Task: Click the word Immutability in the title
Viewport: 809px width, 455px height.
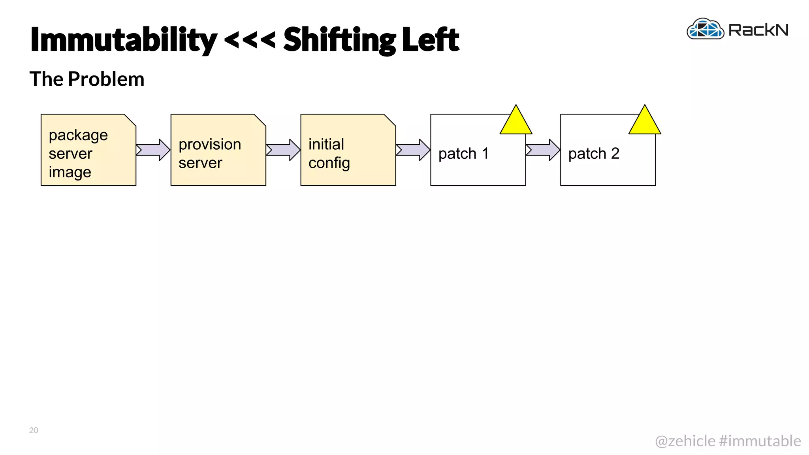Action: pyautogui.click(x=123, y=39)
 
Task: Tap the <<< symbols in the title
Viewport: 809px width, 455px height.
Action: pyautogui.click(x=250, y=39)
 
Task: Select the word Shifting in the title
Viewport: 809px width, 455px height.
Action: pyautogui.click(x=339, y=39)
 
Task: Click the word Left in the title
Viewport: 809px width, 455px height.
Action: pyautogui.click(x=431, y=39)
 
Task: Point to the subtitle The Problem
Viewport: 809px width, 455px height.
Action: pyautogui.click(x=87, y=79)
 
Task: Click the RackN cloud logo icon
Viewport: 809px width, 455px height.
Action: pyautogui.click(x=705, y=29)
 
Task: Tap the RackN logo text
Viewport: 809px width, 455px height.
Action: pyautogui.click(x=758, y=30)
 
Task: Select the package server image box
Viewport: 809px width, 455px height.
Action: pyautogui.click(x=88, y=150)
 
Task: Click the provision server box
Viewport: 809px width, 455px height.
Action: pyautogui.click(x=218, y=150)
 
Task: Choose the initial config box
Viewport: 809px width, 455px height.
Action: pyautogui.click(x=348, y=150)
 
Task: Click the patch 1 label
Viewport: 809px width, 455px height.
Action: pyautogui.click(x=463, y=154)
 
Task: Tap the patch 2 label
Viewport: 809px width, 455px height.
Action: pyautogui.click(x=593, y=154)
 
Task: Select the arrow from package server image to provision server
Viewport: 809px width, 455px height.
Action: pyautogui.click(x=153, y=150)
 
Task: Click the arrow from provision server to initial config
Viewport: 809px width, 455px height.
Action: pyautogui.click(x=283, y=150)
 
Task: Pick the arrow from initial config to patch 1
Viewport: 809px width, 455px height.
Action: pyautogui.click(x=413, y=150)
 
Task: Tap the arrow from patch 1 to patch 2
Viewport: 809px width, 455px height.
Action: pyautogui.click(x=543, y=150)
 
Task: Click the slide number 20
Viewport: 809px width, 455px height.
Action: pyautogui.click(x=34, y=431)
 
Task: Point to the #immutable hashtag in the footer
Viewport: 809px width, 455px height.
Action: pyautogui.click(x=760, y=441)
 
